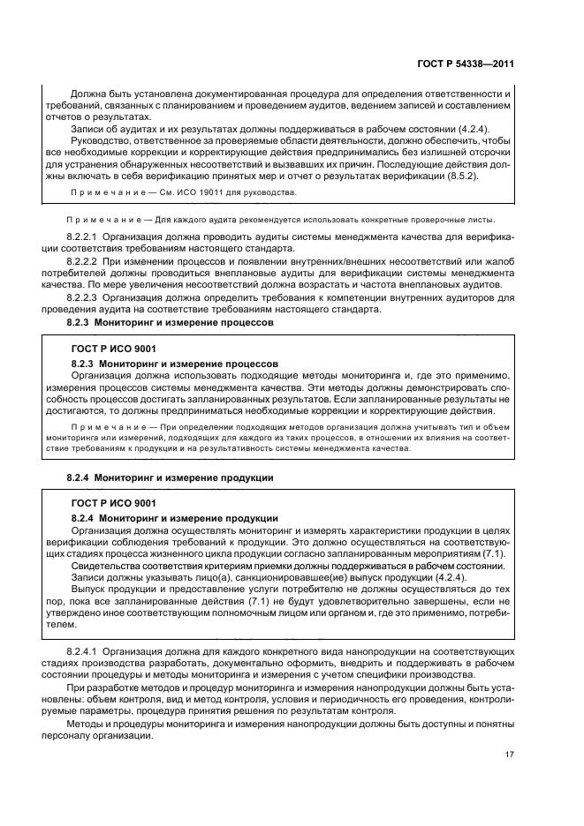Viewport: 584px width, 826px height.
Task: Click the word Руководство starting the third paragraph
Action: tap(100, 139)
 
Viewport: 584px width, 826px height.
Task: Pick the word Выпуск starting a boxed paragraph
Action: tap(88, 588)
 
